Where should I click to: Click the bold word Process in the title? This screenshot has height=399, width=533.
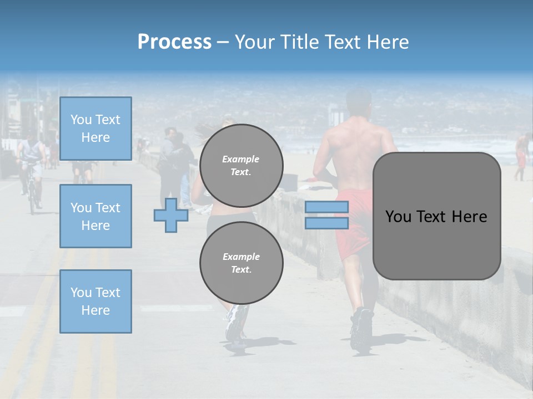(174, 42)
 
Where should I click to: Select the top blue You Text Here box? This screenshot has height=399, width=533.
(95, 129)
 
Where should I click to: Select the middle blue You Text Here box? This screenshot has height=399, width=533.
(95, 216)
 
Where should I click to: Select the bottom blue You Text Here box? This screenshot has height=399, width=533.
(95, 301)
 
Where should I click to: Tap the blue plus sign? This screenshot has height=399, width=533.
(170, 215)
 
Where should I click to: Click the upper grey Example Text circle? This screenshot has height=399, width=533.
(242, 165)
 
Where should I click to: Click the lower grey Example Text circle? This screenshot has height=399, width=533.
(242, 263)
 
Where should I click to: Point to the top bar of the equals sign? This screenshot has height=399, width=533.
(326, 207)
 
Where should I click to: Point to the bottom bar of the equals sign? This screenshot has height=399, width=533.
(326, 223)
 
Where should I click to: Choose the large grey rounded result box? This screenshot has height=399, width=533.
(436, 216)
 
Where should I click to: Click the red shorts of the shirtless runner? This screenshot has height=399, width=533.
(355, 222)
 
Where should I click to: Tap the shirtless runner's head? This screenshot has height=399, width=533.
(358, 103)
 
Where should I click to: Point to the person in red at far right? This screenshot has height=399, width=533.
(521, 155)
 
